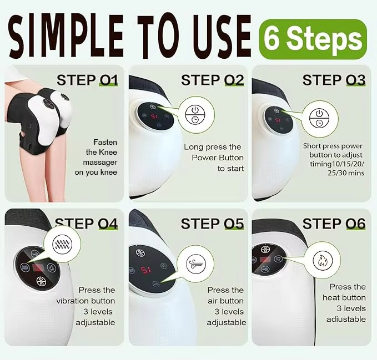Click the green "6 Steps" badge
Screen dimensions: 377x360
click(x=313, y=39)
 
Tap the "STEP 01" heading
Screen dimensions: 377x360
click(x=87, y=80)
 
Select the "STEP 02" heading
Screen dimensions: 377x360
click(x=212, y=80)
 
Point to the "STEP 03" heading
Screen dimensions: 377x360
click(x=334, y=80)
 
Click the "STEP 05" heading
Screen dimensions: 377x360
click(x=212, y=224)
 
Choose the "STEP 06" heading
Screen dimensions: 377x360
click(x=334, y=224)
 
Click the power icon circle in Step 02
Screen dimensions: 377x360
click(x=195, y=115)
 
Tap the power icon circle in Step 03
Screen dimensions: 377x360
click(x=320, y=118)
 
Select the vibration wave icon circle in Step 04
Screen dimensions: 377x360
click(x=62, y=244)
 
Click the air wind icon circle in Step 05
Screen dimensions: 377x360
click(x=196, y=263)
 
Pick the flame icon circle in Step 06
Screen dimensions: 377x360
click(x=323, y=260)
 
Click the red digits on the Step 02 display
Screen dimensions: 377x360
click(x=154, y=116)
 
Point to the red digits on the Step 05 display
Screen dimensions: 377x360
click(x=146, y=270)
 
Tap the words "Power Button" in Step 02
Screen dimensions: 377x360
click(x=218, y=158)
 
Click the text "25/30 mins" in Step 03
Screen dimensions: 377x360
click(x=346, y=173)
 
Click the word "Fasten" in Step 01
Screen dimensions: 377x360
click(x=105, y=142)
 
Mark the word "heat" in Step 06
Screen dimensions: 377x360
click(x=331, y=297)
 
